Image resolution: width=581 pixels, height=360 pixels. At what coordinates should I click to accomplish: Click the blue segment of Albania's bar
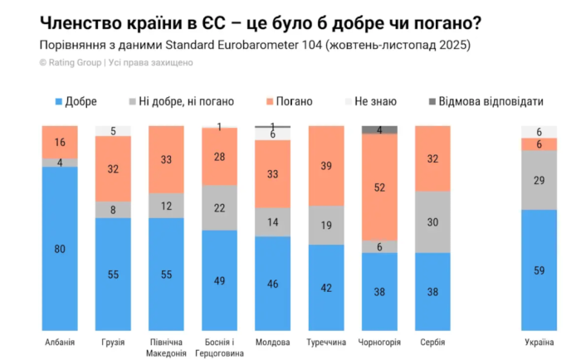pyautogui.click(x=60, y=248)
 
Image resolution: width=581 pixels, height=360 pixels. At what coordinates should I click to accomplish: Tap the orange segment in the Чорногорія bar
pyautogui.click(x=379, y=187)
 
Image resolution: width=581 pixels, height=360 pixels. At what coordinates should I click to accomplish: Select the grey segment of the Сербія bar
pyautogui.click(x=432, y=221)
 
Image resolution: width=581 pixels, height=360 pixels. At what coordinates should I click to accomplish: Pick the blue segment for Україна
pyautogui.click(x=539, y=270)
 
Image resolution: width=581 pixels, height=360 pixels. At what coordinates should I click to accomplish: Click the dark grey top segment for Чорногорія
pyautogui.click(x=379, y=130)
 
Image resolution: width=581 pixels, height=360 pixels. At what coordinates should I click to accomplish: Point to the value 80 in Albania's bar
pyautogui.click(x=60, y=249)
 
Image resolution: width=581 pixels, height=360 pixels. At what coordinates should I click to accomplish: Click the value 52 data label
pyautogui.click(x=379, y=187)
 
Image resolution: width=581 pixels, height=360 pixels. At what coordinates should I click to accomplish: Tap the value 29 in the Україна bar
pyautogui.click(x=539, y=180)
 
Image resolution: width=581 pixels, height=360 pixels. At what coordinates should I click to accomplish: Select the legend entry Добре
pyautogui.click(x=76, y=101)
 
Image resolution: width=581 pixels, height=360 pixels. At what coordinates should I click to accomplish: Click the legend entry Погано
pyautogui.click(x=290, y=101)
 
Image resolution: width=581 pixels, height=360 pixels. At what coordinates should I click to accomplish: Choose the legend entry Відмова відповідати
pyautogui.click(x=486, y=101)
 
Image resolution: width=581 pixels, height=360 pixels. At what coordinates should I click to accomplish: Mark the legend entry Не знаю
pyautogui.click(x=371, y=101)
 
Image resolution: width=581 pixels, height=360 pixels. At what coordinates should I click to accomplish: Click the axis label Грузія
pyautogui.click(x=113, y=343)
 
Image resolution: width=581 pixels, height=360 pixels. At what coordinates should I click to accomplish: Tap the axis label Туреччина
pyautogui.click(x=326, y=343)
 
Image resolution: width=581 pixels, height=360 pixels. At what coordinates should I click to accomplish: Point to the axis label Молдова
pyautogui.click(x=273, y=343)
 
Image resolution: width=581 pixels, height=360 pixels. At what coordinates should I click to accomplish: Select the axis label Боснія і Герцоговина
pyautogui.click(x=219, y=348)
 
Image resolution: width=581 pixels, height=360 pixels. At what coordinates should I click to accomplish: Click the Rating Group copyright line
pyautogui.click(x=116, y=62)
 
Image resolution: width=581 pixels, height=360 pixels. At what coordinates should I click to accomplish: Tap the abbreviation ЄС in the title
pyautogui.click(x=213, y=23)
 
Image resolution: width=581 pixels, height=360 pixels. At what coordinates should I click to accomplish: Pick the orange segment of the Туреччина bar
pyautogui.click(x=326, y=166)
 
